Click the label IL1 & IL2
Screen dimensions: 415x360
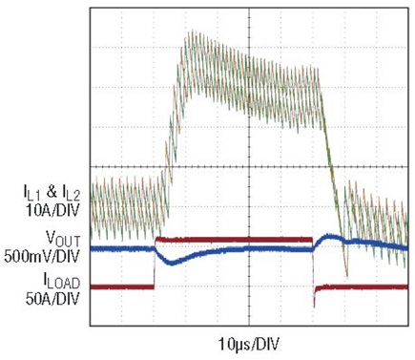[x=51, y=193]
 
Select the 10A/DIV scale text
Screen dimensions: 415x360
[x=52, y=210]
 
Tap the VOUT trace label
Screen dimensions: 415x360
[x=63, y=239]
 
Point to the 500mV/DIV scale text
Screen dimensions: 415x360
[x=41, y=256]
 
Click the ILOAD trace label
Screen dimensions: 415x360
[x=61, y=282]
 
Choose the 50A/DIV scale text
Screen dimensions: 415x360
[x=52, y=299]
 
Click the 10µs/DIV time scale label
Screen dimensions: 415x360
[x=249, y=344]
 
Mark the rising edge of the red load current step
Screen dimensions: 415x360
[x=155, y=263]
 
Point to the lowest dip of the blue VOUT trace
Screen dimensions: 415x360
[x=172, y=264]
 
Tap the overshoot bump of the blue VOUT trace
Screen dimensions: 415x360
[x=328, y=237]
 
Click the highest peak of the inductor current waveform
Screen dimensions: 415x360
[x=192, y=32]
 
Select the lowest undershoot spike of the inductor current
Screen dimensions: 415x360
[x=347, y=276]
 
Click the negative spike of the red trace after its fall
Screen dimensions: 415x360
[x=314, y=306]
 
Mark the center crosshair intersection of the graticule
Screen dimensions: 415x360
[x=249, y=166]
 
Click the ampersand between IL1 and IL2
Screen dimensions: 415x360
[x=52, y=192]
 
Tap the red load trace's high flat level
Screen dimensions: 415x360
[x=234, y=240]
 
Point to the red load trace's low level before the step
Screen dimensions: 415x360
[x=122, y=287]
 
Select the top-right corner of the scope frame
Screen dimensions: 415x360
[x=408, y=8]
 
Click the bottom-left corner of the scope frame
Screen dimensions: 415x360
[x=90, y=326]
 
